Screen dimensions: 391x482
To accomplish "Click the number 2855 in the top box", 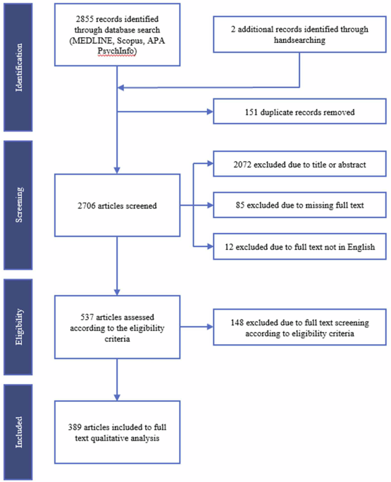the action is (x=85, y=19).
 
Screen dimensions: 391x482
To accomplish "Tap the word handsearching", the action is (x=299, y=40).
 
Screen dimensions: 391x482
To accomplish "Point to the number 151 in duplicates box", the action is (x=251, y=112).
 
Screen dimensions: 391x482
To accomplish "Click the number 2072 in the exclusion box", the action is (x=242, y=165).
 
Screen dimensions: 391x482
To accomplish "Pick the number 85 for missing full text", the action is (x=240, y=205).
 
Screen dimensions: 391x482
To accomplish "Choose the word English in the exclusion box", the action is (x=361, y=247).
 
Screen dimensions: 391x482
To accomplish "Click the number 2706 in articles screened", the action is (x=87, y=205).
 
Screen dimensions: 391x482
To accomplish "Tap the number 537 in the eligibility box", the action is (x=87, y=317).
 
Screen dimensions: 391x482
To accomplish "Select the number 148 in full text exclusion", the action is (x=237, y=322).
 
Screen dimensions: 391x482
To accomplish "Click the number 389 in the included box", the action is (x=75, y=427).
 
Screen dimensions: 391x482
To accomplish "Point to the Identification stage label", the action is (x=19, y=68).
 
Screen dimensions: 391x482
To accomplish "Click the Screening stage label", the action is (x=19, y=205).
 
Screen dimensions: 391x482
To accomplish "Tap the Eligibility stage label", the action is (x=19, y=326).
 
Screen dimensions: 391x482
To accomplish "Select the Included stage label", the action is (x=19, y=432).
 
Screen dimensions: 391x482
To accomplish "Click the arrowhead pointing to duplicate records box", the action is (x=210, y=112).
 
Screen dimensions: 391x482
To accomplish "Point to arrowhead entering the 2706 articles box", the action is (x=117, y=170).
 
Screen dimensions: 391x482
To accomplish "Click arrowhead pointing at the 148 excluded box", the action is (x=210, y=326).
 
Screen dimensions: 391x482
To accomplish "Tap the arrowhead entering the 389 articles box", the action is (x=117, y=398).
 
